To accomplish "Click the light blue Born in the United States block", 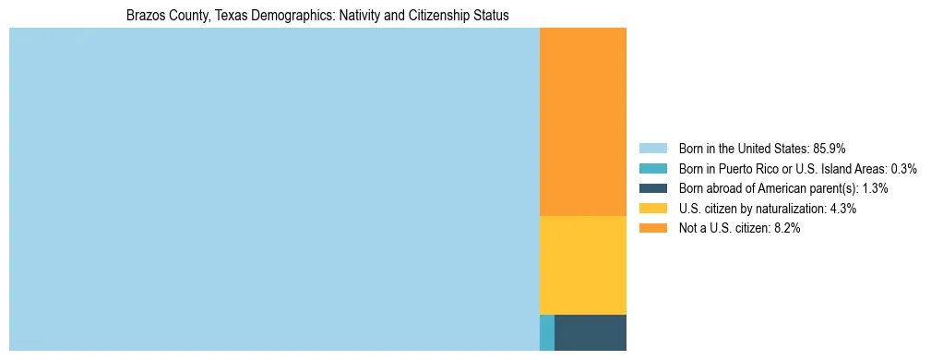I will pyautogui.click(x=274, y=189).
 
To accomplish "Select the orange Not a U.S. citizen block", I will pyautogui.click(x=582, y=122).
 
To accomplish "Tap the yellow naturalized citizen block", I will pyautogui.click(x=582, y=265).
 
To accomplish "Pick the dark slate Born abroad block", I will pyautogui.click(x=590, y=332).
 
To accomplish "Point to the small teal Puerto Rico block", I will pyautogui.click(x=547, y=332).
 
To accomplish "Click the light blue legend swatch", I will pyautogui.click(x=652, y=149).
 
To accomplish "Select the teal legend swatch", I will pyautogui.click(x=652, y=169).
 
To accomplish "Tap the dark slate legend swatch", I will pyautogui.click(x=652, y=188).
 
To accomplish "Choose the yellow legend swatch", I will pyautogui.click(x=652, y=209).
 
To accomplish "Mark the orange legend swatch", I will pyautogui.click(x=652, y=229).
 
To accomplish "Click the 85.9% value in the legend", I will pyautogui.click(x=830, y=149).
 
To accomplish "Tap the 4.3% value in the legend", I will pyautogui.click(x=842, y=209).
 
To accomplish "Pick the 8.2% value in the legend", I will pyautogui.click(x=785, y=229).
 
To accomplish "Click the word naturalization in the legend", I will pyautogui.click(x=794, y=209).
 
